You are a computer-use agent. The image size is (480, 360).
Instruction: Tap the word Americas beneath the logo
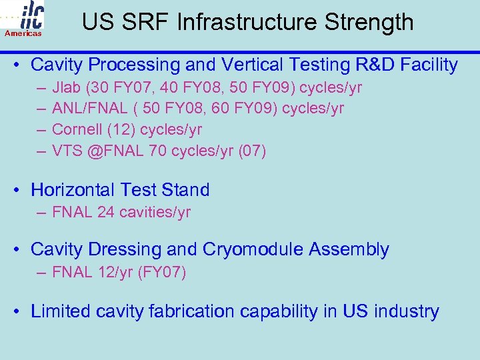[x=23, y=33]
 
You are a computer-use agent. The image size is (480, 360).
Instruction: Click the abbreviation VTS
[x=67, y=151]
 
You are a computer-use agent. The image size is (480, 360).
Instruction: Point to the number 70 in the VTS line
[x=158, y=151]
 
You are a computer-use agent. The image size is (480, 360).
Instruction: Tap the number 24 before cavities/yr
[x=106, y=212]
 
